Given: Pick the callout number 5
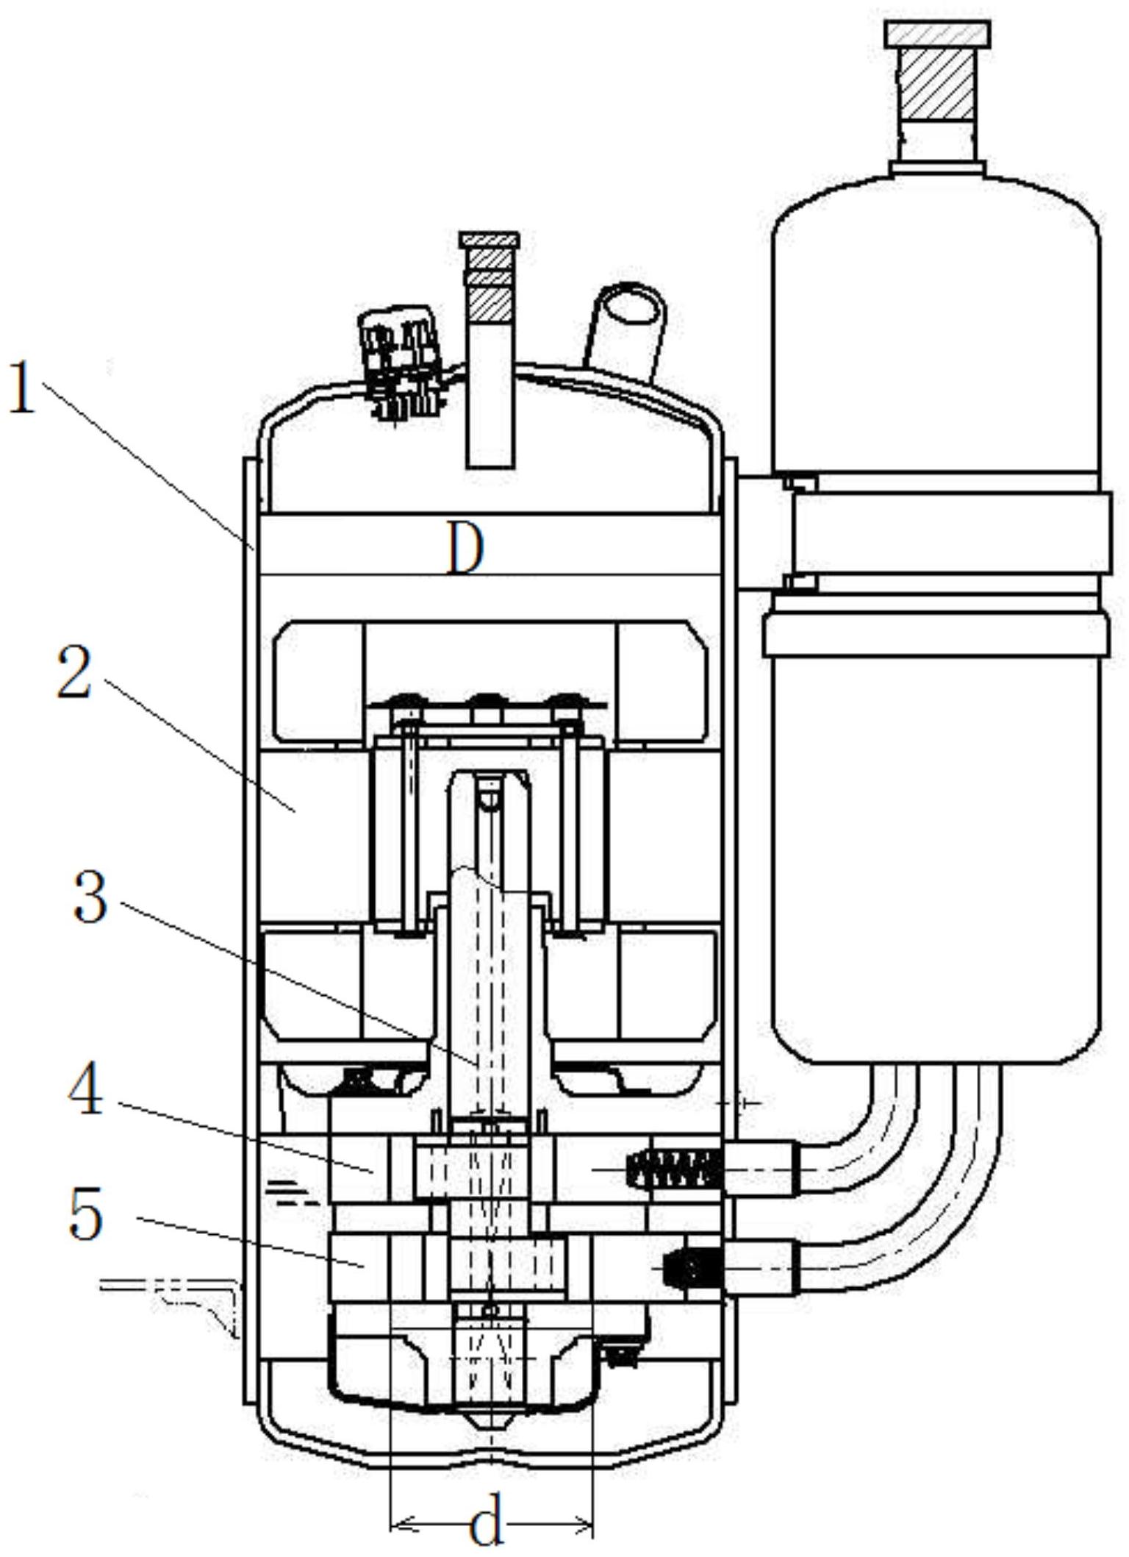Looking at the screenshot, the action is tap(86, 1214).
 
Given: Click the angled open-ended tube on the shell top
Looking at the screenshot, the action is tap(626, 331).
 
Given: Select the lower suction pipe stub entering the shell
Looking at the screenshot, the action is tap(761, 1267).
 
